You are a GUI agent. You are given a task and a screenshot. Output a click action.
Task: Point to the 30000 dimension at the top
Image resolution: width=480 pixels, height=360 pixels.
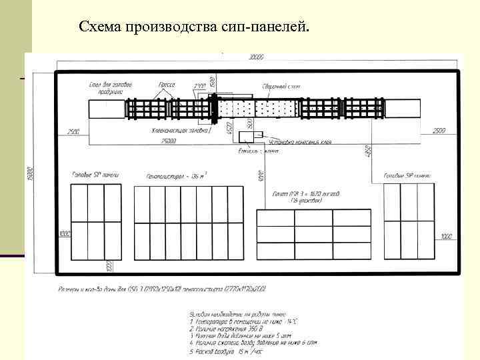click(256, 57)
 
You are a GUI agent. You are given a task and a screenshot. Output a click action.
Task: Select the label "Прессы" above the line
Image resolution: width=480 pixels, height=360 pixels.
click(166, 85)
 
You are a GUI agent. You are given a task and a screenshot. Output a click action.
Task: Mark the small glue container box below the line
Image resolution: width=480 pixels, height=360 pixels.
click(250, 137)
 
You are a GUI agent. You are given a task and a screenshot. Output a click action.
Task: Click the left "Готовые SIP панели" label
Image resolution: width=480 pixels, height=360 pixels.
click(95, 174)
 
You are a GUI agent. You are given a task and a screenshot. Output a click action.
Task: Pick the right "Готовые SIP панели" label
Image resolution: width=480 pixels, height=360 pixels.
click(407, 175)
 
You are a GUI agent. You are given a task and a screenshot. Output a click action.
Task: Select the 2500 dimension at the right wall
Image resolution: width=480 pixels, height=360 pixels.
click(439, 131)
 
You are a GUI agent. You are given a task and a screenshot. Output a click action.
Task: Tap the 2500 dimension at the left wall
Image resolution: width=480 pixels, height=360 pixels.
click(73, 131)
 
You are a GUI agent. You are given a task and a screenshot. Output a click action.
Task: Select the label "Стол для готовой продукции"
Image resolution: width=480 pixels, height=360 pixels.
click(110, 88)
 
